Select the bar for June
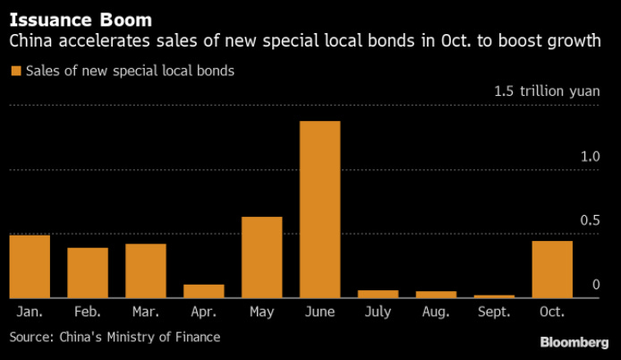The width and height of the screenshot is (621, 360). [319, 210]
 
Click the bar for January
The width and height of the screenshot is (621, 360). [30, 266]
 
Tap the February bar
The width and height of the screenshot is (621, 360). [88, 272]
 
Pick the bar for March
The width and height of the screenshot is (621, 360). [146, 270]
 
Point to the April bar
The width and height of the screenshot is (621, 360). [204, 291]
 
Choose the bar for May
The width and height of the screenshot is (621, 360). [262, 257]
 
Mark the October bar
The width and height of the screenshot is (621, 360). [552, 269]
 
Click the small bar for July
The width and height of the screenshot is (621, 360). [378, 294]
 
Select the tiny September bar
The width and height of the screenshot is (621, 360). [494, 296]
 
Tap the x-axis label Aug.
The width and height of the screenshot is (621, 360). [436, 312]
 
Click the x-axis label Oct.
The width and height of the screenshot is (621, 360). [552, 312]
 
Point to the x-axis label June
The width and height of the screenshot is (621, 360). [319, 312]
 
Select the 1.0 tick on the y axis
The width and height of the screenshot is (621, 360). [589, 157]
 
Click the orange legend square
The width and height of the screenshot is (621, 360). [14, 71]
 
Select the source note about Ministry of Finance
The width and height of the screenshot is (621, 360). [115, 337]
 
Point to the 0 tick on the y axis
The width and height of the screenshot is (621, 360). [595, 285]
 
